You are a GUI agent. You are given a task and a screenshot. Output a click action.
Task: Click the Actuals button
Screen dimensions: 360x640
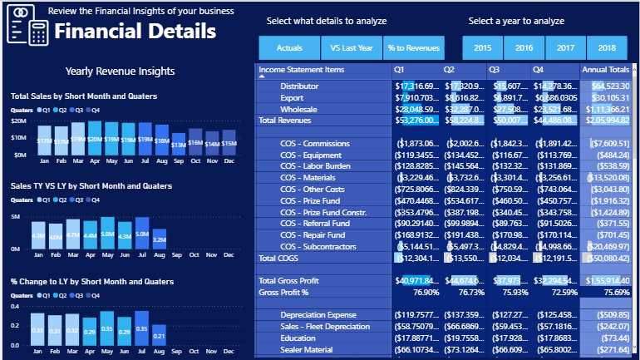coord(289,48)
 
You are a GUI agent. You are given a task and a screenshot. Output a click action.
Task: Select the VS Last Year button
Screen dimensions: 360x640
coord(352,48)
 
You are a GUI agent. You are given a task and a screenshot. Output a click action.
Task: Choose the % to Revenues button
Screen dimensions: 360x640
coord(414,48)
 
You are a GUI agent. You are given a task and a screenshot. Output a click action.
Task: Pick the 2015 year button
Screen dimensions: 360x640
coord(482,48)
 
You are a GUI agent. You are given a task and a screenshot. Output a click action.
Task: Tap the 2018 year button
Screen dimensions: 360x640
coord(607,48)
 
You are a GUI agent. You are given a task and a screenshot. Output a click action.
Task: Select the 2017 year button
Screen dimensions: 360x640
coord(565,48)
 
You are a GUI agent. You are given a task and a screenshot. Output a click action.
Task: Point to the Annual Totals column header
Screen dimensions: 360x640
coord(605,69)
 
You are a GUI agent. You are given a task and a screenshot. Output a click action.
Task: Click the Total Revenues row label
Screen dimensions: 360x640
coord(284,121)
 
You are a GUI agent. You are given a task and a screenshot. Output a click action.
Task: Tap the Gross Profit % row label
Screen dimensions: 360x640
coord(283,293)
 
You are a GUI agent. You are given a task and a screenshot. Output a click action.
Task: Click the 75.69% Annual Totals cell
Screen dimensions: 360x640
coord(611,293)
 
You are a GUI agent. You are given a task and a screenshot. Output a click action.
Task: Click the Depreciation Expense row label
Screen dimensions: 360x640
coord(320,315)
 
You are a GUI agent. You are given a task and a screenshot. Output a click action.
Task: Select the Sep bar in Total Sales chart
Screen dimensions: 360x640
coord(178,144)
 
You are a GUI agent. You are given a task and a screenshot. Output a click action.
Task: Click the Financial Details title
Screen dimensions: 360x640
coord(135,32)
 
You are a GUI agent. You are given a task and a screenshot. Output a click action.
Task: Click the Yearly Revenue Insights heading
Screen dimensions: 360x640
coord(120,72)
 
